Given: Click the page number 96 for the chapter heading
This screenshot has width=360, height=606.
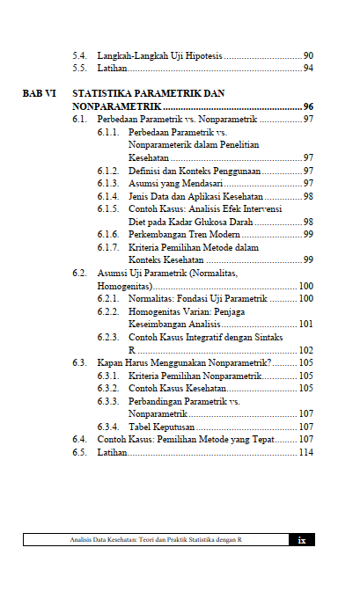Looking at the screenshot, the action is (308, 106).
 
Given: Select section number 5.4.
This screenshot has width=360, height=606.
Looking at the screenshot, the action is (79, 55).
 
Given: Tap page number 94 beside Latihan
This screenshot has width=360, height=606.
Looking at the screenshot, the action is (308, 68).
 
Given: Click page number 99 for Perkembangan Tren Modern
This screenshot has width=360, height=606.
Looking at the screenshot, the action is (308, 234).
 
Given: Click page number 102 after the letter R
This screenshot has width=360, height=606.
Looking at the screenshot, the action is (305, 349).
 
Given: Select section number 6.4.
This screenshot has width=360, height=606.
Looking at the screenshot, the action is (79, 438).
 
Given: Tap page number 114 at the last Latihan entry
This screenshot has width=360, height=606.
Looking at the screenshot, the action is (305, 452).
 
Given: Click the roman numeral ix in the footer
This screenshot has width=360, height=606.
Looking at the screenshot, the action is (301, 540).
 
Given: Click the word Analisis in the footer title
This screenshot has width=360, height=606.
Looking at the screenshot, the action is (84, 540).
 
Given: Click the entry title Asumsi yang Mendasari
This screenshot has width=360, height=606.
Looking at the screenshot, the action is (175, 183).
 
